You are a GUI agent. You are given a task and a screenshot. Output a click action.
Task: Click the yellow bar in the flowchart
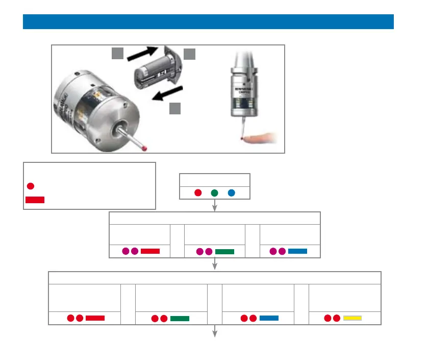353,318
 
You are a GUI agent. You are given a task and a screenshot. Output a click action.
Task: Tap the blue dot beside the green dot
231,193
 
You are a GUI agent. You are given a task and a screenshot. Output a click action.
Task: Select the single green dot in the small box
215,193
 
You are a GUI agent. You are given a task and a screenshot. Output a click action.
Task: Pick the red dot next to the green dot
198,193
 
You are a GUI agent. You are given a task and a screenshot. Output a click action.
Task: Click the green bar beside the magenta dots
224,251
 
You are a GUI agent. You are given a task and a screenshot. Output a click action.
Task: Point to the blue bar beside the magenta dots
297,251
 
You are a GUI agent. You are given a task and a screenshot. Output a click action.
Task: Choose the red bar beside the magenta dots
150,251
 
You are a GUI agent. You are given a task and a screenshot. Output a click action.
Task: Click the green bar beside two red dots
180,319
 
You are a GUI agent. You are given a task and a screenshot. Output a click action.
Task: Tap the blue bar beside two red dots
269,318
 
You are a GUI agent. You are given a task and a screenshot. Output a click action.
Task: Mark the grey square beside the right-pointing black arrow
118,53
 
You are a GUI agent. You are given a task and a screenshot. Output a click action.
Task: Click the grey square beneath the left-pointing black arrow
175,108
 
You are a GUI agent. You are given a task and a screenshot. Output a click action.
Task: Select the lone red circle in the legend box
31,185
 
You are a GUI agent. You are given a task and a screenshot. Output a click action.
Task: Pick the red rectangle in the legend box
35,200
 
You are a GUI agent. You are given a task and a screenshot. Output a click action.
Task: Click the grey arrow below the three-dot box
215,205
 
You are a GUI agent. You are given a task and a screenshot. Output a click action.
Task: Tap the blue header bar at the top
208,22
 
